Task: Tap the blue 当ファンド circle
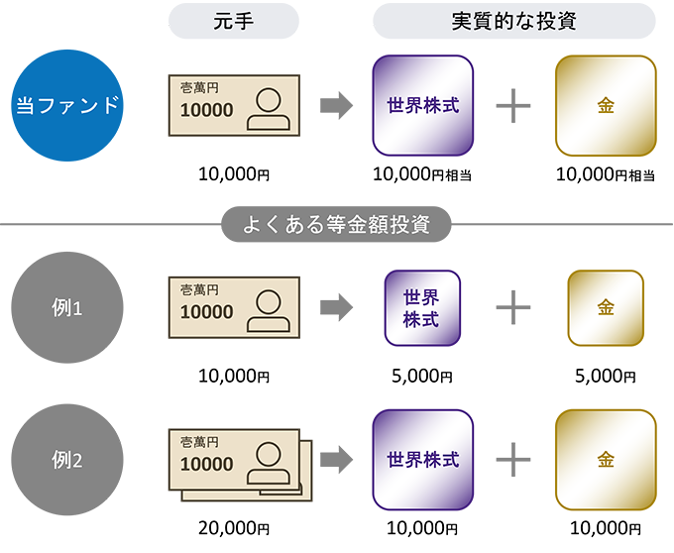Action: [x=67, y=105]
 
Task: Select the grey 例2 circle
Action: [x=67, y=460]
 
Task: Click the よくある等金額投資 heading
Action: [x=337, y=223]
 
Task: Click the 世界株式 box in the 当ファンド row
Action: [x=422, y=104]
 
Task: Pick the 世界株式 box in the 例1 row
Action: [x=422, y=308]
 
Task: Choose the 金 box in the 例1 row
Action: [x=606, y=308]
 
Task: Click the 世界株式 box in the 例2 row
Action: [x=422, y=460]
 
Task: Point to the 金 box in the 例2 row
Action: [x=606, y=460]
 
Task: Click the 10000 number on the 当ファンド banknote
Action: [x=207, y=110]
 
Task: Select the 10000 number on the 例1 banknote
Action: [x=207, y=313]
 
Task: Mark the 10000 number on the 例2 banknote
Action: [x=207, y=465]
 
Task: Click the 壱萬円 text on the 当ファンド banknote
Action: [x=199, y=88]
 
